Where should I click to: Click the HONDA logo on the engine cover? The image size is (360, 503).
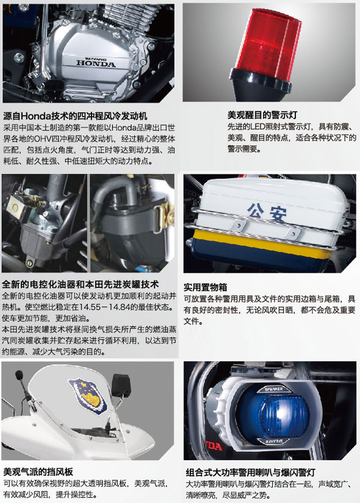pos(96,63)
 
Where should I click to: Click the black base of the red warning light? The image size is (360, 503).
pos(261,85)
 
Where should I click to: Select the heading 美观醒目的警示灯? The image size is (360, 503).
pos(262,115)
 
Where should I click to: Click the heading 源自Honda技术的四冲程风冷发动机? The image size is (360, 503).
pos(75,116)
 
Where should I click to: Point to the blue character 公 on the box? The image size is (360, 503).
pos(256,211)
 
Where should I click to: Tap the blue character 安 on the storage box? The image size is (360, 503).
pos(278,214)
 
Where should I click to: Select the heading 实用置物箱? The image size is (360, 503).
pos(206,287)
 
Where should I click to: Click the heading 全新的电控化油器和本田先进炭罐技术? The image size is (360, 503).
pos(81,284)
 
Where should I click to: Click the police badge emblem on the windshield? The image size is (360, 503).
pos(87,396)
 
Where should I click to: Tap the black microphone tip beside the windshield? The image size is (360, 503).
pos(20,374)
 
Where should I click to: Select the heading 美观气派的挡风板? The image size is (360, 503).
pos(38,471)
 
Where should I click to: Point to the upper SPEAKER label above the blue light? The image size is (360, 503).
pos(274,389)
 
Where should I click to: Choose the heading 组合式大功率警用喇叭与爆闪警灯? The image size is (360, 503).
pos(250,472)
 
